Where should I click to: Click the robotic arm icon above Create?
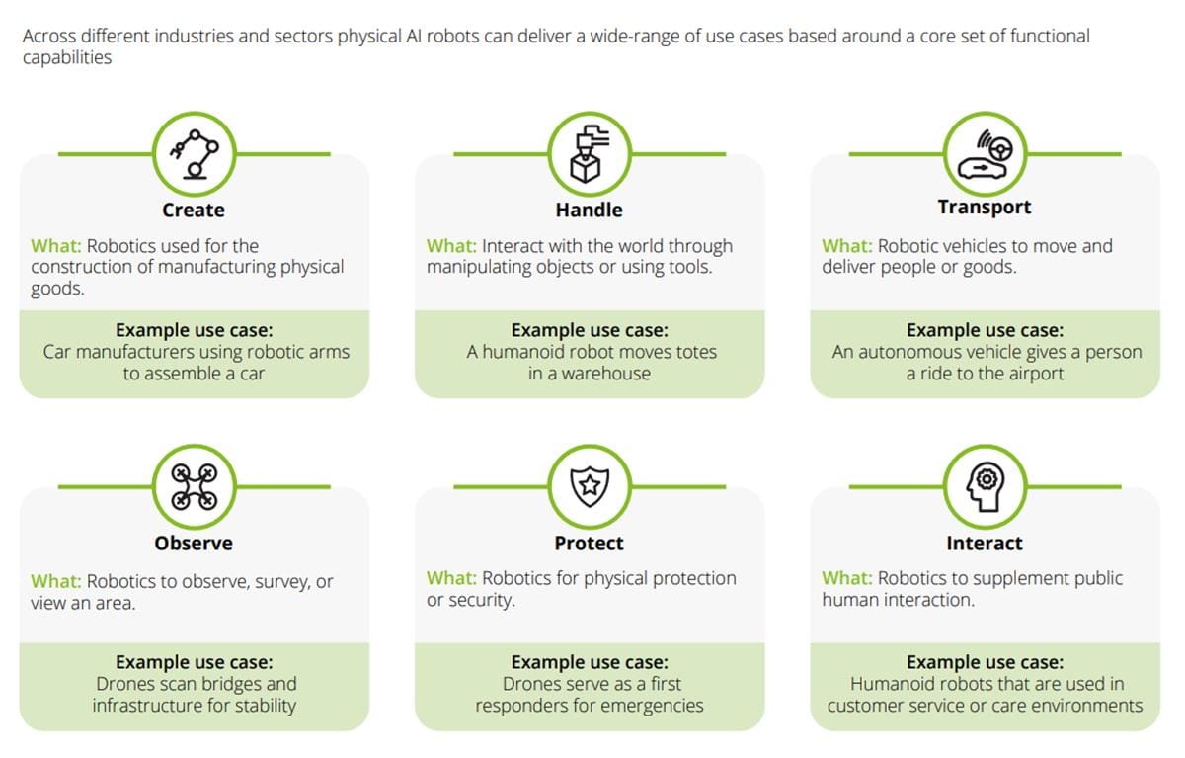194,153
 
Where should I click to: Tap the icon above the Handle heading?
589,153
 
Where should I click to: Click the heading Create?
194,210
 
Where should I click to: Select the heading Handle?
589,210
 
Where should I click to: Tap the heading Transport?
984,207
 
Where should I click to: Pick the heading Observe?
194,543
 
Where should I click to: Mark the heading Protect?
589,543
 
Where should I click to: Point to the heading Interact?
984,543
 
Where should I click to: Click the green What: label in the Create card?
56,245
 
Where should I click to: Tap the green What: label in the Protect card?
452,578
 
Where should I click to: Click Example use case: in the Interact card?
985,662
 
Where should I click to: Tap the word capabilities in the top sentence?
66,57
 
